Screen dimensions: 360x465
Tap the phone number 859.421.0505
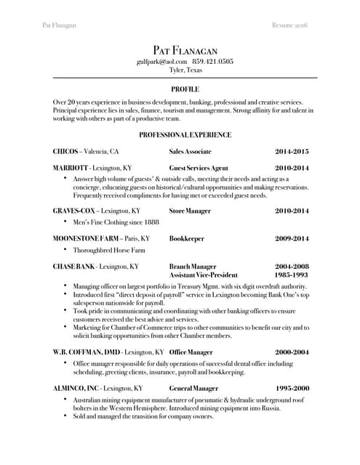213,62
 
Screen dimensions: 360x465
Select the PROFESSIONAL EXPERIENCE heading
185,135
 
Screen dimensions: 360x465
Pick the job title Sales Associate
190,152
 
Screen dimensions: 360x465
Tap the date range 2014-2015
292,152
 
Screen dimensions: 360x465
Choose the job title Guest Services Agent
199,168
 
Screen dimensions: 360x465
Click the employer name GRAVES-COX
74,211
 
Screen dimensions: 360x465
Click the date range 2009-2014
292,238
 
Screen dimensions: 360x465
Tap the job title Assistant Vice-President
204,276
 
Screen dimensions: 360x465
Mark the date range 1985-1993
292,276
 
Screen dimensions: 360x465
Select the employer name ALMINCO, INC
76,389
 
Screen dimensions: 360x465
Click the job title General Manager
193,389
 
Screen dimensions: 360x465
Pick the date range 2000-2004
292,352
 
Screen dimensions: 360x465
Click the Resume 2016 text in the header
289,25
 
